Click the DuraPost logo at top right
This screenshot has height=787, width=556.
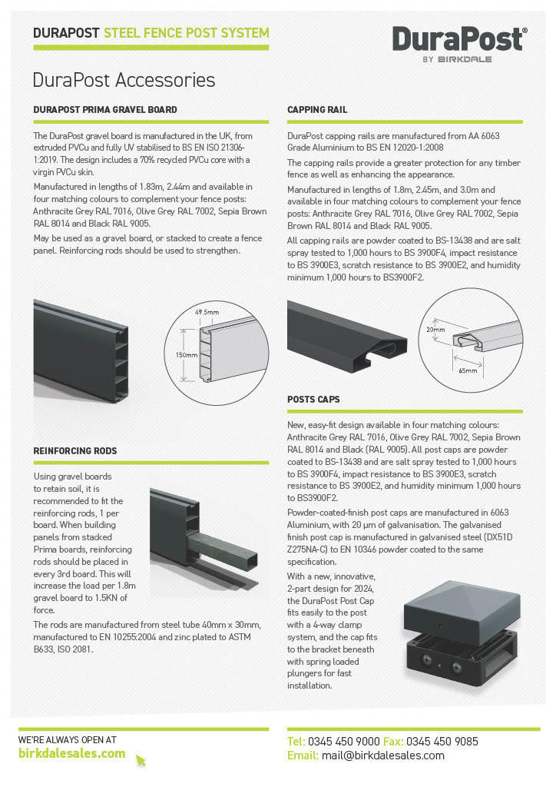[458, 38]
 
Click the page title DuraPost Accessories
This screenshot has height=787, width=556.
[124, 80]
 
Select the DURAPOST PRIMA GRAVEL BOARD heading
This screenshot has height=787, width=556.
[105, 110]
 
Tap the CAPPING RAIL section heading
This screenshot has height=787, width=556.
[317, 110]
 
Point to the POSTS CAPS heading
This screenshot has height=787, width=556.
[313, 400]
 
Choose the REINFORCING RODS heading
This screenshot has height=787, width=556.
[75, 450]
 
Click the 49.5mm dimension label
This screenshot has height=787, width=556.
[207, 313]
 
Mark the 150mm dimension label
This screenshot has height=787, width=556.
[185, 356]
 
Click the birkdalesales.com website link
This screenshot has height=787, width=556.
[71, 753]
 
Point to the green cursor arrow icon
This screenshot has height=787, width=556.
[141, 760]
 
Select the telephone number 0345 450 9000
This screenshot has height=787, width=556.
[343, 742]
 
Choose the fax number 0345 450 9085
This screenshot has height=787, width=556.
[442, 742]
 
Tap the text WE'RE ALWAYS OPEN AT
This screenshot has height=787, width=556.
[68, 739]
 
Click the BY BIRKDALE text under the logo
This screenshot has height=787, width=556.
[458, 58]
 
